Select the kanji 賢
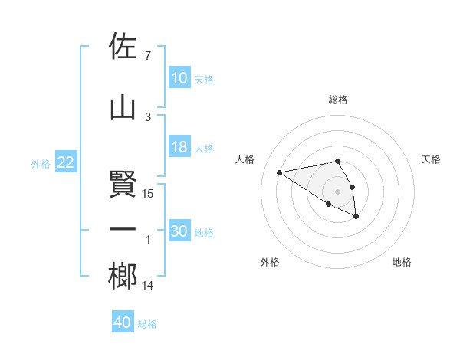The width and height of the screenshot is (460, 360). click(x=123, y=184)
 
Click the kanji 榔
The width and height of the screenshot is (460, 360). click(x=123, y=276)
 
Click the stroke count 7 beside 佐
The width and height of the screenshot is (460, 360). click(x=148, y=56)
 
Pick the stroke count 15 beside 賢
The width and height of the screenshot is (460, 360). click(x=149, y=194)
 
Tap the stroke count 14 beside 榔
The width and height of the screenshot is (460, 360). click(x=149, y=286)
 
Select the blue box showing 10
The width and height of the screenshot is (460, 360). click(x=179, y=78)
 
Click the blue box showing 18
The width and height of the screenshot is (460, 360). click(x=179, y=147)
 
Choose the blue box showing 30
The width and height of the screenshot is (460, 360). click(x=179, y=231)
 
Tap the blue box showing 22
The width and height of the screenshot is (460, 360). click(x=66, y=162)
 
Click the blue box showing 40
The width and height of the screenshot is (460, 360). click(x=123, y=322)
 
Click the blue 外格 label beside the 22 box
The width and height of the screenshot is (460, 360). click(x=41, y=163)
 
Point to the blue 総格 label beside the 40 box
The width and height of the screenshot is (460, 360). click(x=147, y=324)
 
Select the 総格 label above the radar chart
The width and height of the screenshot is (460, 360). click(x=338, y=100)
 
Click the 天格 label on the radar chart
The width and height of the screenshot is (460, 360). click(x=432, y=159)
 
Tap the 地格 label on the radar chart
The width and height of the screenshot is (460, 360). click(x=402, y=262)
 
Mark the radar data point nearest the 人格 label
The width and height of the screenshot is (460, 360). click(x=280, y=172)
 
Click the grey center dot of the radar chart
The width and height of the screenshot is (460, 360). click(x=337, y=191)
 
